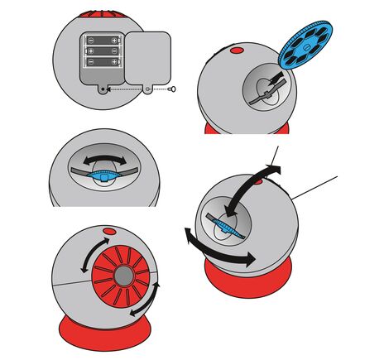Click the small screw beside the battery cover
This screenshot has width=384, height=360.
coord(172,89)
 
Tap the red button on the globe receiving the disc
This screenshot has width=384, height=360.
coord(236,51)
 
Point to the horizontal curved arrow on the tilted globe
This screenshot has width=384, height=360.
coord(218,253)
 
